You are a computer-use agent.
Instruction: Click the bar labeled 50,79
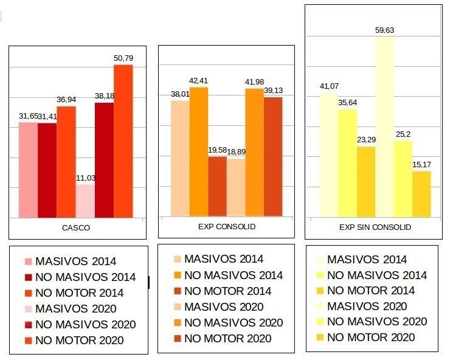pos(123,140)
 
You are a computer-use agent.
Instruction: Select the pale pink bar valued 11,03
pos(85,201)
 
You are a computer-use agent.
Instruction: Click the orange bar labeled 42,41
pos(199,151)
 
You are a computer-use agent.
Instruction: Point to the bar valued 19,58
pos(217,186)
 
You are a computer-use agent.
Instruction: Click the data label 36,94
pos(67,99)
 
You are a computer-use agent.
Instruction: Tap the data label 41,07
pos(329,86)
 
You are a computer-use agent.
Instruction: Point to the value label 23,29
pos(366,139)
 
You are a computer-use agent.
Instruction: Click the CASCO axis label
pos(76,228)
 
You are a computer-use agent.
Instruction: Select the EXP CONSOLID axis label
pos(227,227)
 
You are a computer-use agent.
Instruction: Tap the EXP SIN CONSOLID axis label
pos(375,227)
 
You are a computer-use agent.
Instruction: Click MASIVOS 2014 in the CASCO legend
pos(76,262)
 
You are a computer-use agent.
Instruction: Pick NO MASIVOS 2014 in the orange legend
pos(233,275)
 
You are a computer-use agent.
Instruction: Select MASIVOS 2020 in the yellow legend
pos(367,306)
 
